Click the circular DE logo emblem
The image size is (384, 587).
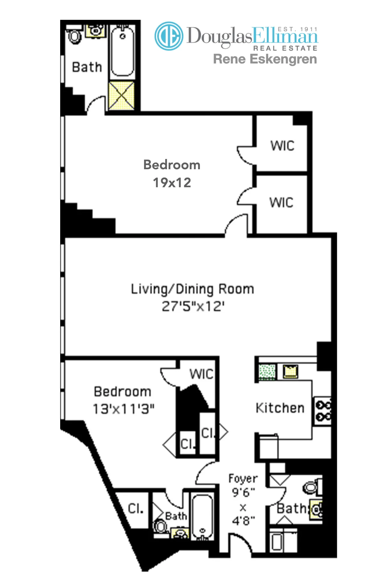click(169, 36)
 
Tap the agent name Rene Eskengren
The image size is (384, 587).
click(265, 59)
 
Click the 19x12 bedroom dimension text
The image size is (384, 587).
click(172, 183)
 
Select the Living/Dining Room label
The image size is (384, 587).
click(192, 289)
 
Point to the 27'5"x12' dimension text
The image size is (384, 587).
click(193, 306)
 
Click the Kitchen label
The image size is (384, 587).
click(280, 408)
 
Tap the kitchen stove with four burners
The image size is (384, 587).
click(323, 411)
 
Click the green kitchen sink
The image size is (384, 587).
click(267, 372)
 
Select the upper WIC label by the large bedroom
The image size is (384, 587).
click(282, 146)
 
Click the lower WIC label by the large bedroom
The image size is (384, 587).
click(281, 202)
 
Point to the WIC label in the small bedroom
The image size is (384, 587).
click(201, 374)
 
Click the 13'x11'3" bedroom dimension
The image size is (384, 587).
click(123, 409)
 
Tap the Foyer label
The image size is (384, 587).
click(243, 478)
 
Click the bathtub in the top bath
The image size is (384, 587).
click(122, 51)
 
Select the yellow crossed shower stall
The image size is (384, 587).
click(121, 95)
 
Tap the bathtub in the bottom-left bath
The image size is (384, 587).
click(202, 517)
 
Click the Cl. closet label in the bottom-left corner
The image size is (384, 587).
click(136, 508)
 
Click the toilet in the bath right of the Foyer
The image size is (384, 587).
click(310, 487)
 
